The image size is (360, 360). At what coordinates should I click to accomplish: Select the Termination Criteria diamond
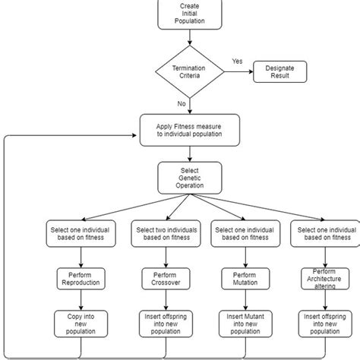point(190,72)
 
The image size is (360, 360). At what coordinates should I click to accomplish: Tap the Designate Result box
point(279,72)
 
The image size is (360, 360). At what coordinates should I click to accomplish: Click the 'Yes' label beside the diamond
point(236,60)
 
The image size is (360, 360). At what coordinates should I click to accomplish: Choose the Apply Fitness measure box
point(190,130)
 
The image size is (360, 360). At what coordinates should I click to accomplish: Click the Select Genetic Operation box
point(190,177)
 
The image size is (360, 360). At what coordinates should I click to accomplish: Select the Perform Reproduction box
point(79,278)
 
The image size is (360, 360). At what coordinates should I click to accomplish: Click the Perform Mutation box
point(241,278)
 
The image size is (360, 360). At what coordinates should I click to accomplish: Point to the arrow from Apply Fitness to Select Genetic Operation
point(190,153)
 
